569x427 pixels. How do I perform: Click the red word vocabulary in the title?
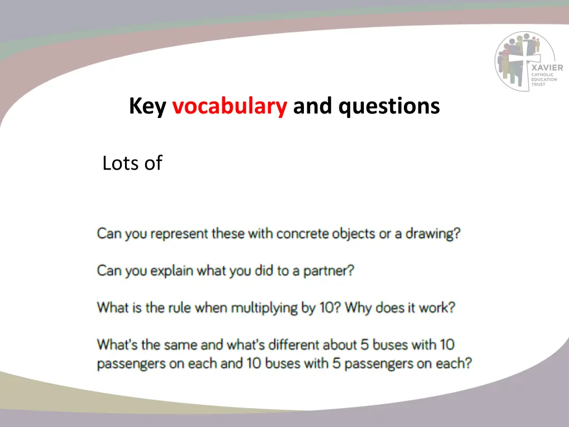pos(229,106)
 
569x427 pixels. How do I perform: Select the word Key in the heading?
pos(147,106)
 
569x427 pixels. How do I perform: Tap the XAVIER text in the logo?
pos(547,68)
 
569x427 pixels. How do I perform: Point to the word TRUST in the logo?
pos(538,85)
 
